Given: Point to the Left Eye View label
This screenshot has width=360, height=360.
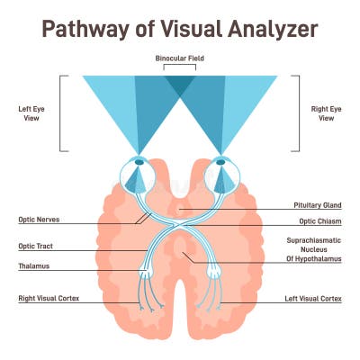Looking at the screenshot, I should pos(32,113).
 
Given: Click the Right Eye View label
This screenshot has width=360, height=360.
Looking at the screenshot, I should pos(328,113).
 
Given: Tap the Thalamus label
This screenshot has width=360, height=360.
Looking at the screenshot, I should pos(33,266).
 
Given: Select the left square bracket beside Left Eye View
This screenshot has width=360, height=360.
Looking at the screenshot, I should pos(62,113).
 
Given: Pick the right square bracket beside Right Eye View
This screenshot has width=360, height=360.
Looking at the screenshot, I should pos(297,113).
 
